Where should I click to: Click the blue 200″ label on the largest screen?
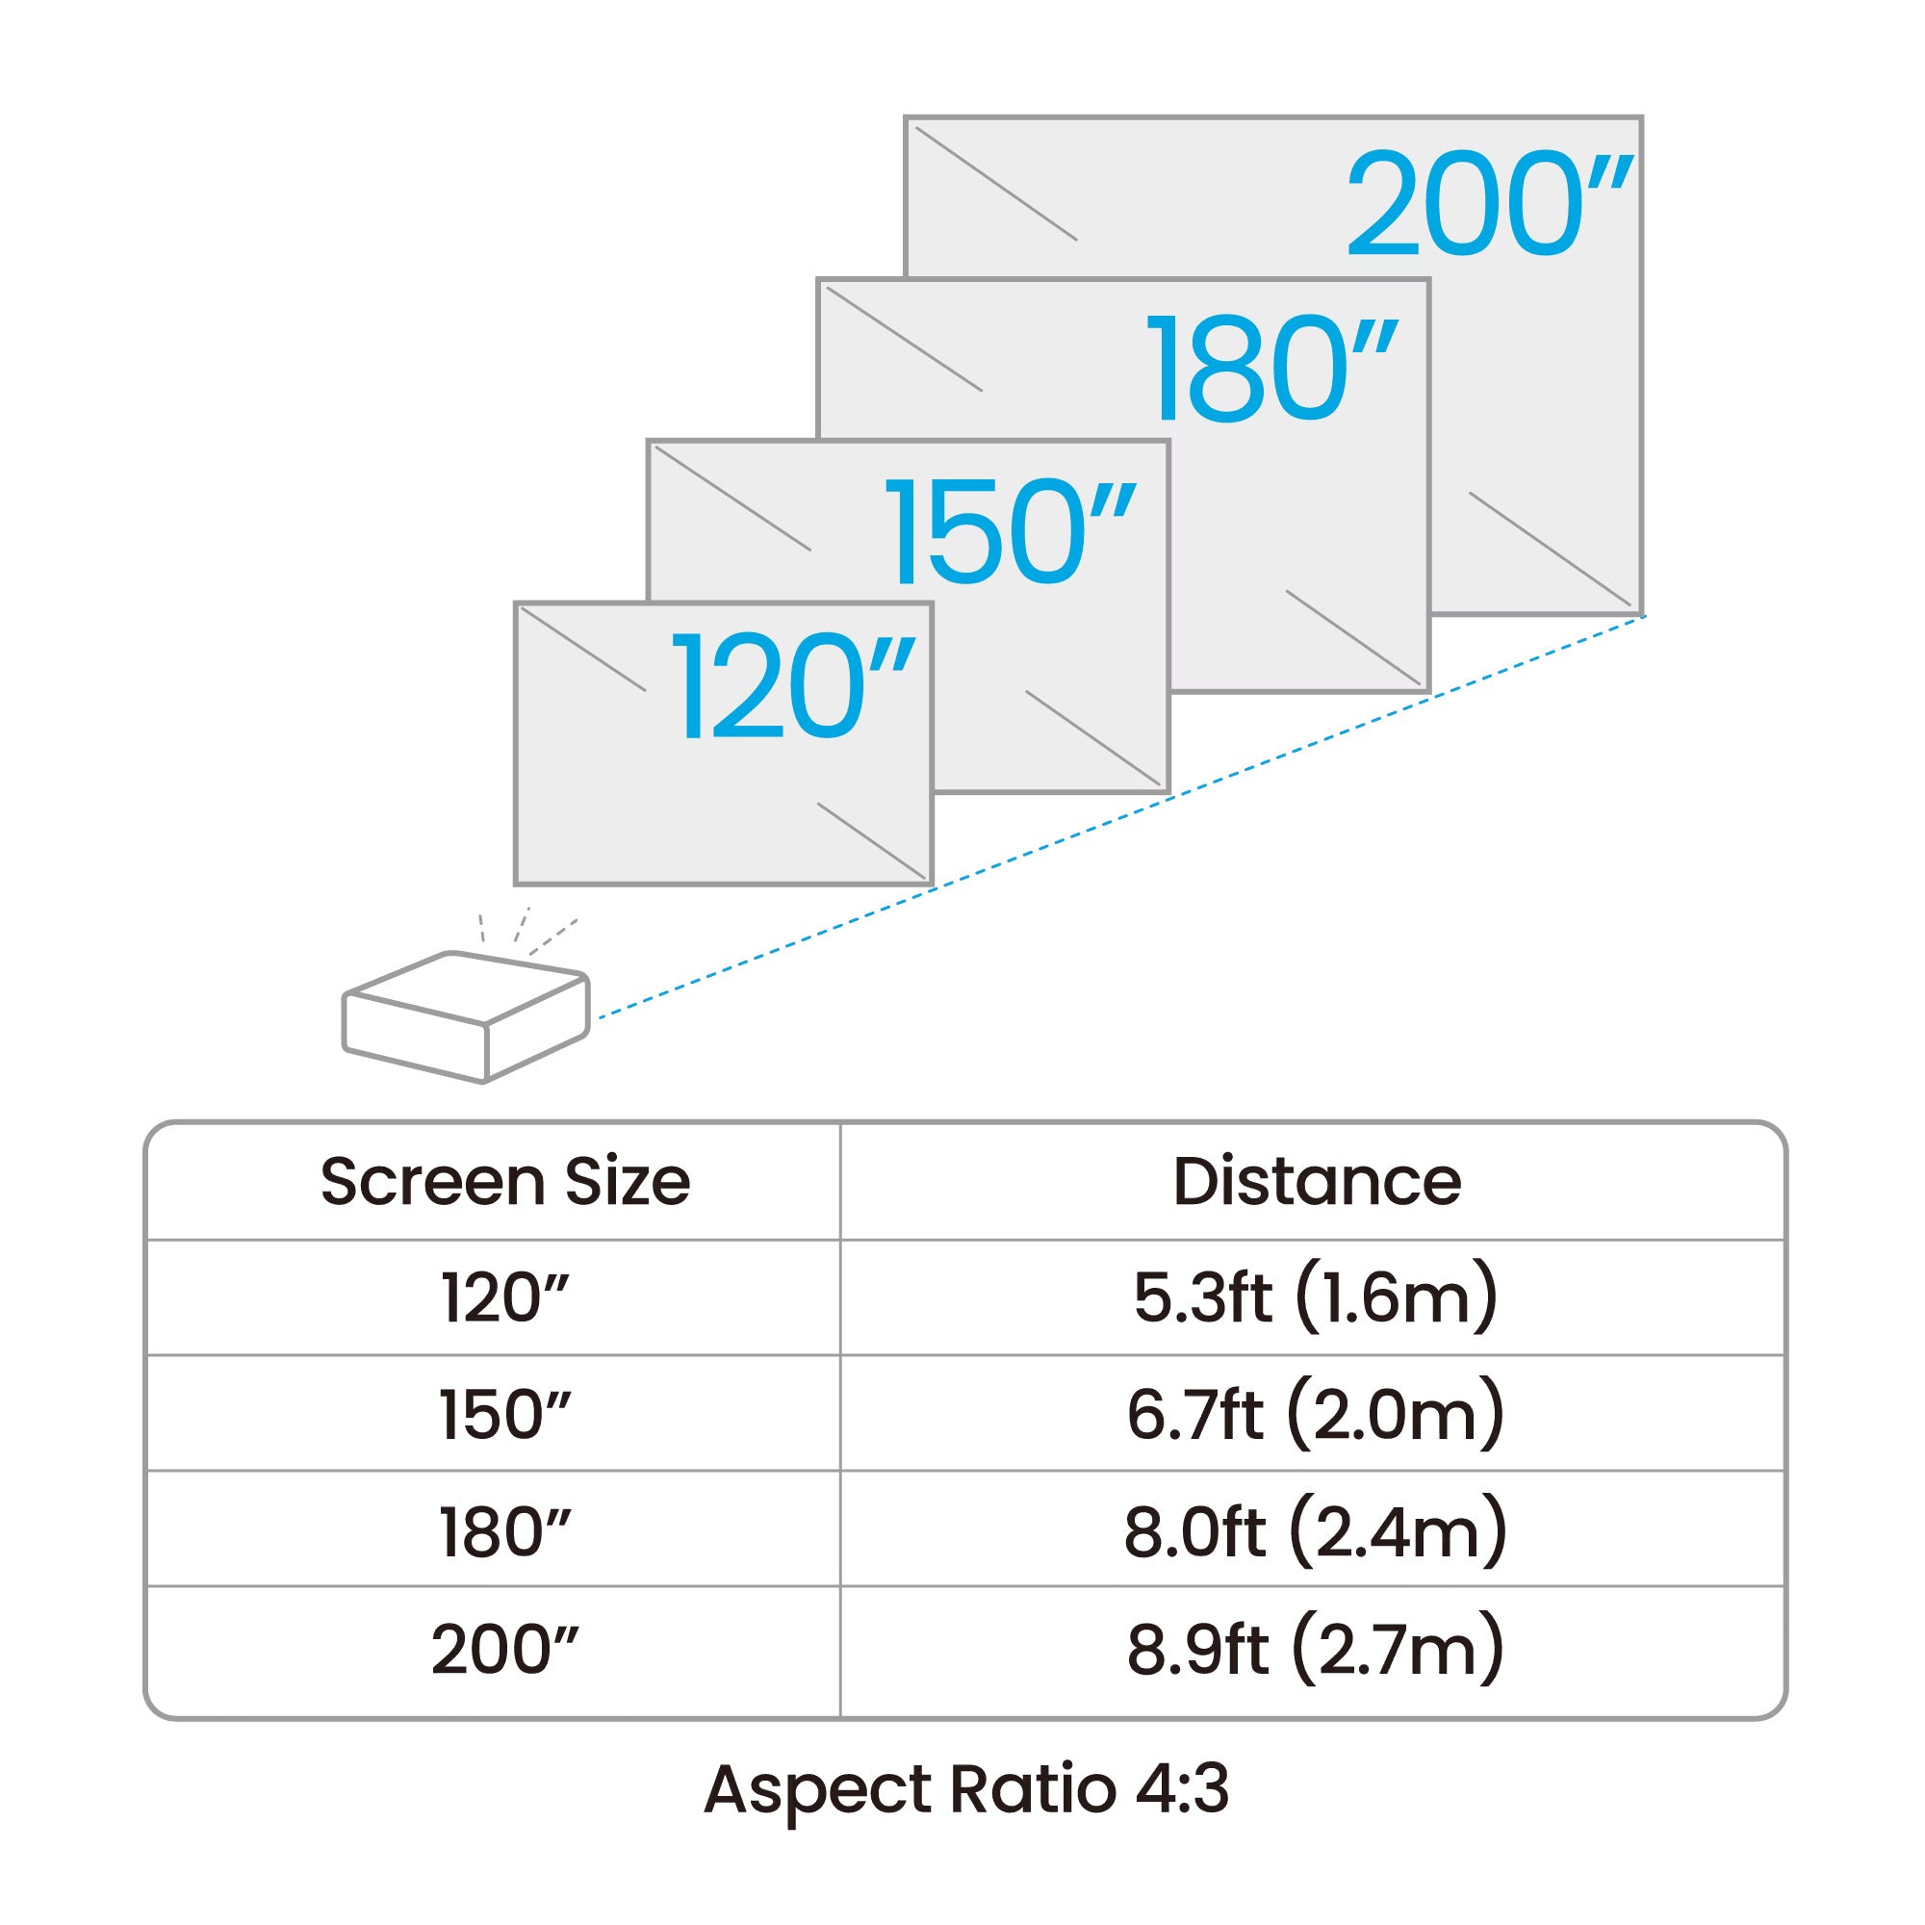click(x=1489, y=204)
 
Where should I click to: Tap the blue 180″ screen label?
click(x=1272, y=369)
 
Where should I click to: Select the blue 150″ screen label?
click(x=1010, y=531)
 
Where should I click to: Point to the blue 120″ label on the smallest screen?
click(x=793, y=687)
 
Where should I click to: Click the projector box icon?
click(x=465, y=1016)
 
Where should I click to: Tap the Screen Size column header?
click(x=505, y=1182)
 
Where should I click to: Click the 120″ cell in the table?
click(x=505, y=1298)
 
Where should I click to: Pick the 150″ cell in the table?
click(x=505, y=1414)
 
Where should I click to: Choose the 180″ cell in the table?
click(x=505, y=1531)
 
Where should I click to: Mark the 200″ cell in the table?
click(x=505, y=1649)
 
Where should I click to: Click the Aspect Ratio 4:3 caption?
click(x=965, y=1789)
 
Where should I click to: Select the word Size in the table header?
click(x=627, y=1182)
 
